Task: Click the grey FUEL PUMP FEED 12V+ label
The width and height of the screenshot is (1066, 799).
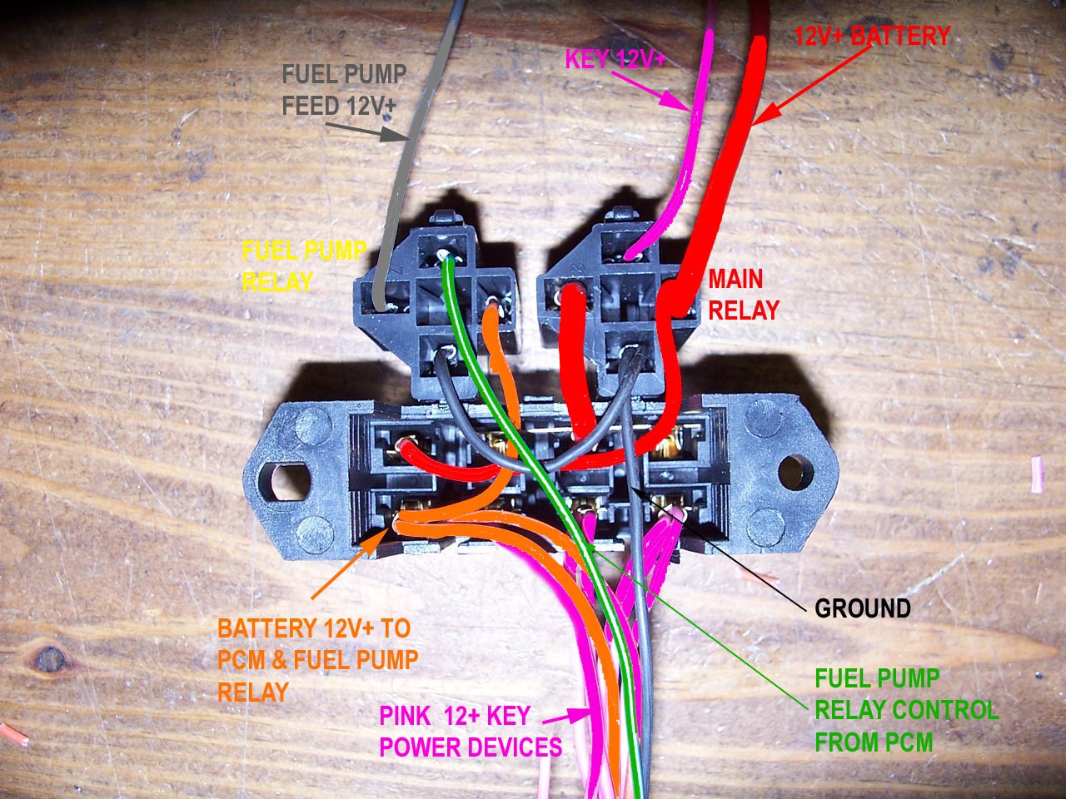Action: click(x=344, y=90)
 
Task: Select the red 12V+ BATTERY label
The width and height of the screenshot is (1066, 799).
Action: click(x=871, y=37)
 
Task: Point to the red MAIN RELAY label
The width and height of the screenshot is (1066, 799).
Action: click(x=743, y=294)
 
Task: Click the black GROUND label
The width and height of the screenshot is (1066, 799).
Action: click(x=862, y=608)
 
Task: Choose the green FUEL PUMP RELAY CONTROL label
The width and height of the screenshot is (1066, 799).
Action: click(x=906, y=710)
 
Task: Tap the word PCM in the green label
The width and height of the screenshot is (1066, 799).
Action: click(x=909, y=742)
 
